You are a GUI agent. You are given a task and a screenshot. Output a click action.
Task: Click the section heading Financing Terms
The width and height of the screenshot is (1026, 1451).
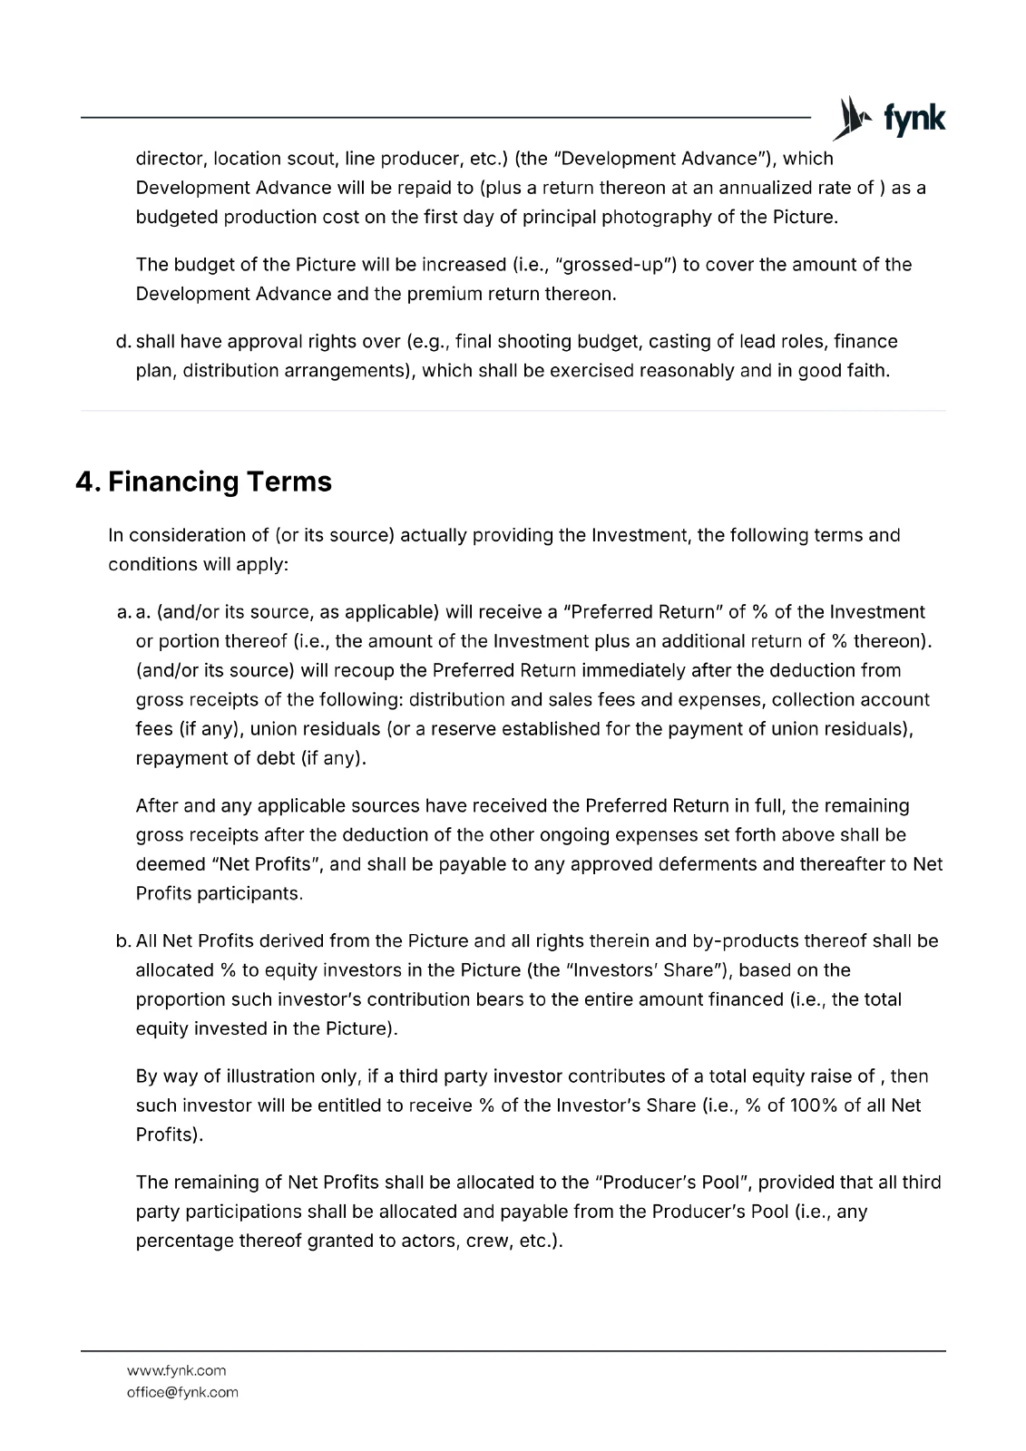220,482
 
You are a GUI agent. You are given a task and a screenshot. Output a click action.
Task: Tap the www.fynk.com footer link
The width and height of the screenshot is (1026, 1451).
176,1370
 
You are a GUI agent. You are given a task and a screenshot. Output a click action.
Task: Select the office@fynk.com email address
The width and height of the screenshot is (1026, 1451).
182,1392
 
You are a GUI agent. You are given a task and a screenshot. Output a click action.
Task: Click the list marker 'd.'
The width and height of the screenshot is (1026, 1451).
123,342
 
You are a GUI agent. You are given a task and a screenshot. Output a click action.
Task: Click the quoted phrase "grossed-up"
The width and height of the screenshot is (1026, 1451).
619,265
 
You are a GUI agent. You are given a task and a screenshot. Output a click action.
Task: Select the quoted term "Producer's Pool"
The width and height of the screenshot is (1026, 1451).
670,1183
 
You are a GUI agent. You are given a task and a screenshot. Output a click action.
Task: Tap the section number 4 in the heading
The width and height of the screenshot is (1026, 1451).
86,482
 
